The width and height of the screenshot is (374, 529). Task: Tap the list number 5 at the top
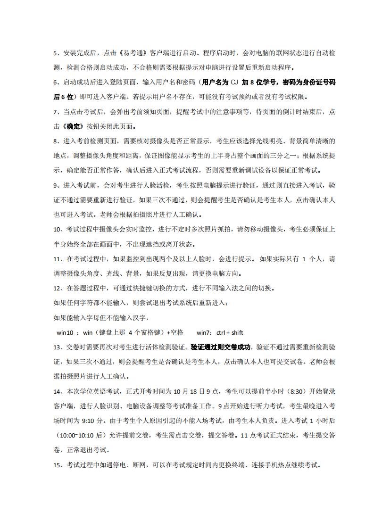[x=55, y=53]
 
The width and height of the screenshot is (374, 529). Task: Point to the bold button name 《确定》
[x=73, y=127]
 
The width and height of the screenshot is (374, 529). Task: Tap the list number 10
[x=57, y=230]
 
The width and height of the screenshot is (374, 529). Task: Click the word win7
[x=203, y=332]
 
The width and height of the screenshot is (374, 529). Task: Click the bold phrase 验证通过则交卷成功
[x=220, y=347]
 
